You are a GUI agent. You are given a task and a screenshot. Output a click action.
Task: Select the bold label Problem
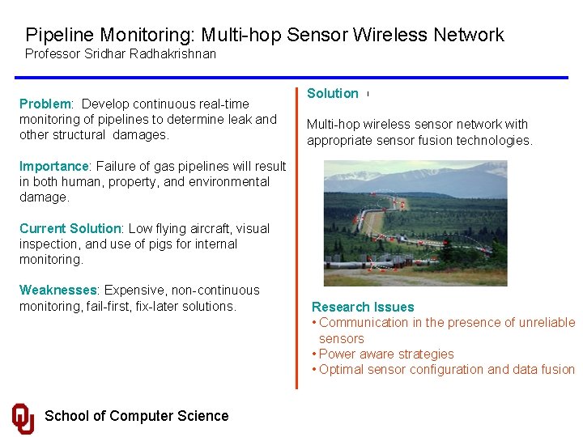point(45,104)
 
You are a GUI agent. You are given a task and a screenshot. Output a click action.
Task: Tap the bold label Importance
point(54,166)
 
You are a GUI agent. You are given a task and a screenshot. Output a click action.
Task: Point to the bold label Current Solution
point(70,228)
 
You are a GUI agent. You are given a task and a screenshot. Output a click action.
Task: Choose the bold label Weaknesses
point(57,290)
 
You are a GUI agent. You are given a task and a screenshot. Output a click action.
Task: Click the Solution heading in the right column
point(332,93)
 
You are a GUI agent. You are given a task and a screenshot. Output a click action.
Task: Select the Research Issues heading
point(363,307)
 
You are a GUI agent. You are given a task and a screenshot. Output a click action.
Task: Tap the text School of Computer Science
point(136,416)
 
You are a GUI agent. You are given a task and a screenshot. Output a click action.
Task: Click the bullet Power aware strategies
point(386,354)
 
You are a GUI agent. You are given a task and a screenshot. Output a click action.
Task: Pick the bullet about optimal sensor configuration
point(446,369)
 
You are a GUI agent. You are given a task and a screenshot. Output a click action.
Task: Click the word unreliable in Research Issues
point(545,322)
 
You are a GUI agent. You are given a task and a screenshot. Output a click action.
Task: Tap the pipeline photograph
point(415,223)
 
